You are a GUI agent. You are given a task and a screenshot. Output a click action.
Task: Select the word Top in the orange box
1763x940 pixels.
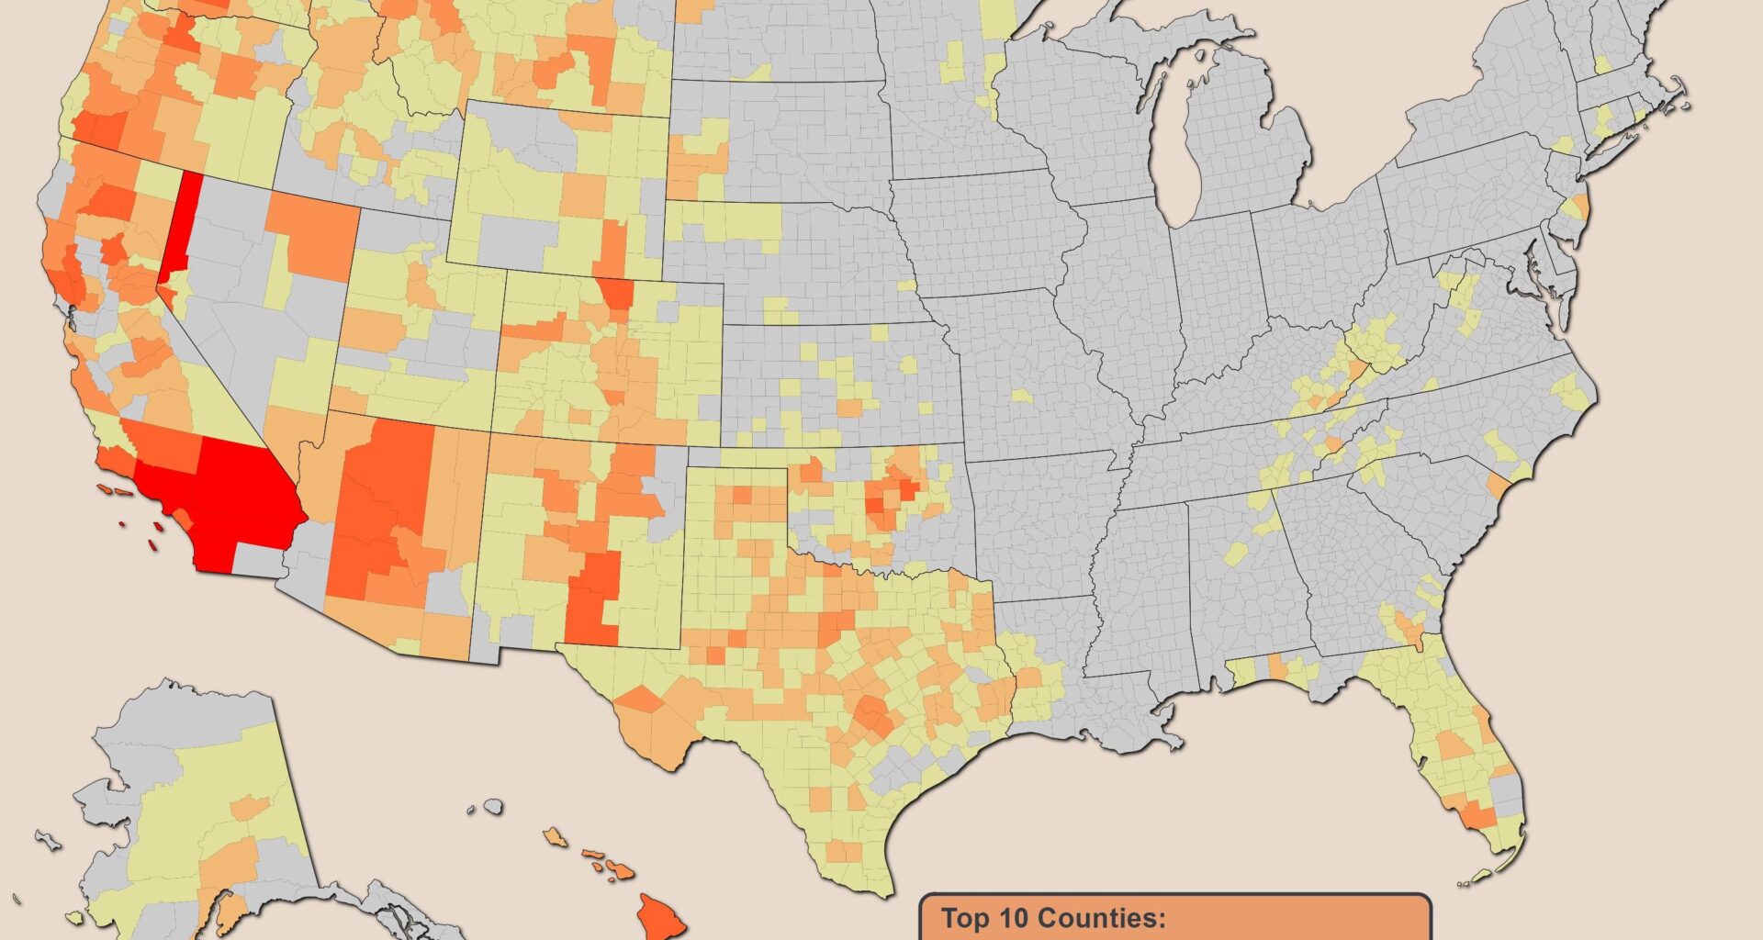(x=965, y=918)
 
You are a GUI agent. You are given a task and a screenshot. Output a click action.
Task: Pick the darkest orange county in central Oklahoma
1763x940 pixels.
(x=908, y=488)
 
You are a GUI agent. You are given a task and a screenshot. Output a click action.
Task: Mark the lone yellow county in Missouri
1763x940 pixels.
(x=1020, y=396)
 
